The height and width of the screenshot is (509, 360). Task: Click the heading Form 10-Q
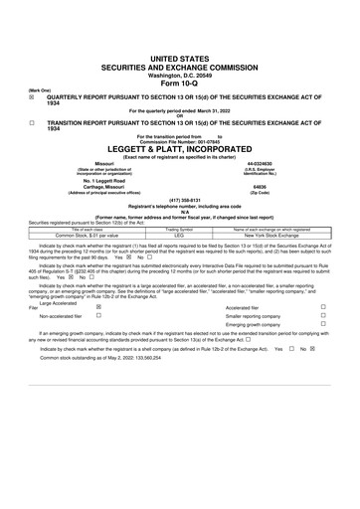click(179, 56)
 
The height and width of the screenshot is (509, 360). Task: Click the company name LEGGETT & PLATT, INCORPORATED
click(179, 143)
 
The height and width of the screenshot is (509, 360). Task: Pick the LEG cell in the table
click(179, 235)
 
